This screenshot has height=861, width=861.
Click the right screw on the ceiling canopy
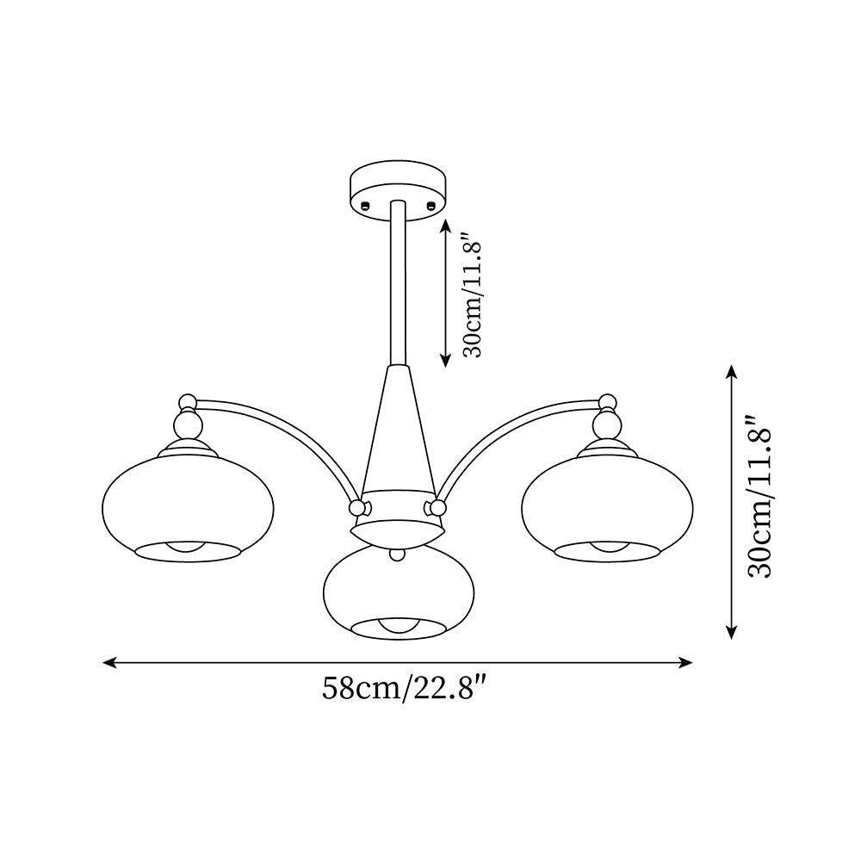coord(430,204)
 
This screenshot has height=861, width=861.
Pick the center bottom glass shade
coord(398,590)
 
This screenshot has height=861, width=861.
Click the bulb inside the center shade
coord(398,627)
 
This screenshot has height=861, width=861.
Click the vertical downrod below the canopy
coord(398,284)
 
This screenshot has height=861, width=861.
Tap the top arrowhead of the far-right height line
coord(731,370)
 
